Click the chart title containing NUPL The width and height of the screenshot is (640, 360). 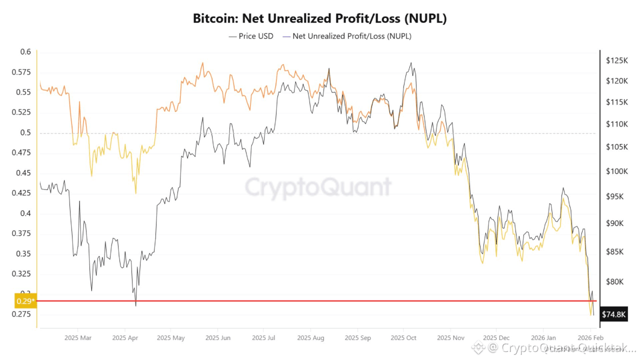coord(319,19)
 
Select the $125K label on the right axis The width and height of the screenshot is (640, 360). coord(616,60)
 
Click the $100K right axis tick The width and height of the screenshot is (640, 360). coord(616,171)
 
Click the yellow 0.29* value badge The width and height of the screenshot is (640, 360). coord(25,301)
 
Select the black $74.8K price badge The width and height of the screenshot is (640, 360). coord(613,314)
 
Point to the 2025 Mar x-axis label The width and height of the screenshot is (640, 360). coord(78,338)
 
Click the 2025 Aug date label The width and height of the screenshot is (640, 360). coord(310,338)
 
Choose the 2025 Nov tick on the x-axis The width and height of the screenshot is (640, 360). coord(450,338)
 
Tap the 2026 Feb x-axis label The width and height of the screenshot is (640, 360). coord(590,338)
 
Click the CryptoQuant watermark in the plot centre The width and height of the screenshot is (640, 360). coord(318,187)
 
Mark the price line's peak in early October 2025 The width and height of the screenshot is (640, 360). coord(411,63)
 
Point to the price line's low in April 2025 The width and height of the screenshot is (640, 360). coord(135,305)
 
